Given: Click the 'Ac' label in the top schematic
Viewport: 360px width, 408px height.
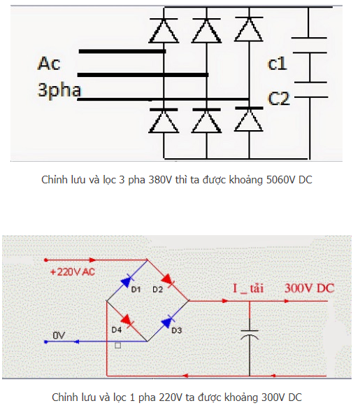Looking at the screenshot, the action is (49, 64).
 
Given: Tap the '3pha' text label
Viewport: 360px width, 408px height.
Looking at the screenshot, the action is (59, 90).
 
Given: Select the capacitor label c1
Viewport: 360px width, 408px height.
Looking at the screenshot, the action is (277, 64).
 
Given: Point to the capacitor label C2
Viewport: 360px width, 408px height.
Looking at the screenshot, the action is (279, 99).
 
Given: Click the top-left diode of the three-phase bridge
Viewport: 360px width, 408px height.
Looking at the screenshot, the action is (164, 30).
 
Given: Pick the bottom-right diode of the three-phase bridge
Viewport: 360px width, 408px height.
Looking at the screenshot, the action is (249, 119).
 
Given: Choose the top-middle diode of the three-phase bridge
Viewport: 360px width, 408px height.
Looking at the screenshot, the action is (207, 30).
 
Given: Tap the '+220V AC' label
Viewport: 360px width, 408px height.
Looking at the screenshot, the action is (73, 272).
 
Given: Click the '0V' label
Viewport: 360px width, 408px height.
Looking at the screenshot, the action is (59, 335).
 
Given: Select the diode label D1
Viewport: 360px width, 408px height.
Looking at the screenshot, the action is (136, 289).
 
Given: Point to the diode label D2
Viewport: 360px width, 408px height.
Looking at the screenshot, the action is (157, 289).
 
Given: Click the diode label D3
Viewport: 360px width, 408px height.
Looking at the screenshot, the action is (177, 330).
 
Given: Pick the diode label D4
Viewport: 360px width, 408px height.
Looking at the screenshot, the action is (117, 330).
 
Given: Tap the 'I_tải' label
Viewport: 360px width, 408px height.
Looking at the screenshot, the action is (248, 288).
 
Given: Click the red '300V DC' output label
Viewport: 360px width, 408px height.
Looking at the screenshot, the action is (309, 288).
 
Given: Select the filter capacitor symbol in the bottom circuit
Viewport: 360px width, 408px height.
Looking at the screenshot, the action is (250, 335).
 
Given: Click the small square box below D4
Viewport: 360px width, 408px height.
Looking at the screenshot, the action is (117, 346).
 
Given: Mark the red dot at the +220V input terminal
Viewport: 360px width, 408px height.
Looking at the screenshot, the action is (46, 260).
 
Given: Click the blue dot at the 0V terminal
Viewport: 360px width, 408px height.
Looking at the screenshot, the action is (46, 342).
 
